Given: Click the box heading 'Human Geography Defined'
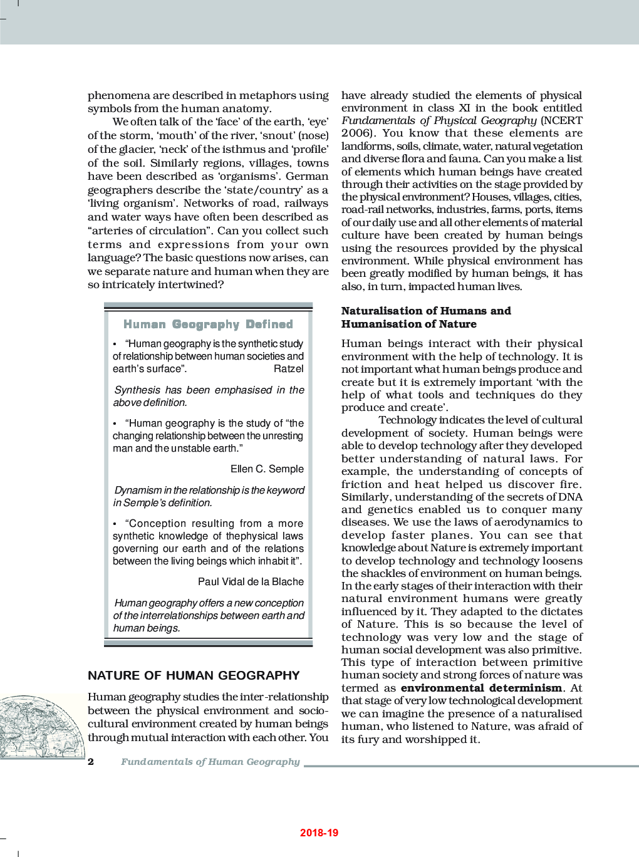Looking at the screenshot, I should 208,324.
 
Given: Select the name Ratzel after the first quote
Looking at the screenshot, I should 288,369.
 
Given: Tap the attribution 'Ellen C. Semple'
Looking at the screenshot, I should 267,469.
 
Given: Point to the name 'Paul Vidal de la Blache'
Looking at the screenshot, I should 251,582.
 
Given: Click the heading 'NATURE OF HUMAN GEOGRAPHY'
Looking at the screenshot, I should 194,675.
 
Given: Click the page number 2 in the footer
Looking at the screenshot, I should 91,762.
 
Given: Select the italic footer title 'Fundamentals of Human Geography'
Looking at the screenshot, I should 210,762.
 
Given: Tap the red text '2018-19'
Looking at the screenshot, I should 319,833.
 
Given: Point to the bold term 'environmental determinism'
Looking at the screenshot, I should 481,688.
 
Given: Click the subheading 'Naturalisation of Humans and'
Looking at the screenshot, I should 426,311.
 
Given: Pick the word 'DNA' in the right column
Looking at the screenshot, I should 570,497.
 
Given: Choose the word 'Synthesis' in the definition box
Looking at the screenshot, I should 137,390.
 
